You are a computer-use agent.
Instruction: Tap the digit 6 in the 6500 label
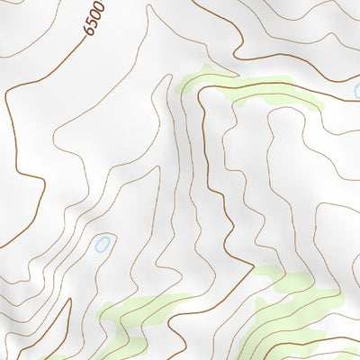pyautogui.click(x=89, y=32)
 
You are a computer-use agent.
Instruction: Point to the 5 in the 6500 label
pyautogui.click(x=92, y=24)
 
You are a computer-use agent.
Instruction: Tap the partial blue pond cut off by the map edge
pyautogui.click(x=356, y=91)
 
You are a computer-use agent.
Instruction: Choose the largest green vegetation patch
pyautogui.click(x=297, y=315)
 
